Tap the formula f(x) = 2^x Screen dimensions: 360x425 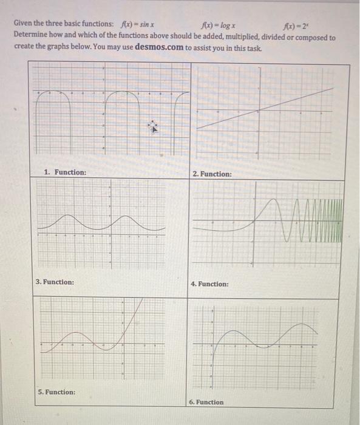(x=294, y=25)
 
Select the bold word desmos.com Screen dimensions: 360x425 (x=160, y=46)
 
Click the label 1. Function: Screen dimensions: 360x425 (x=65, y=172)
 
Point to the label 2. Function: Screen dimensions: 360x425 (x=212, y=174)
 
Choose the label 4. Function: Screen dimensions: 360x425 (x=209, y=284)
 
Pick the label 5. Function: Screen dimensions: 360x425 (x=56, y=392)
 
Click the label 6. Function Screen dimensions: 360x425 (x=206, y=402)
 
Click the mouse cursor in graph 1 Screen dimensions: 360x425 (x=154, y=127)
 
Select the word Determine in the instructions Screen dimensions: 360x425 (x=32, y=37)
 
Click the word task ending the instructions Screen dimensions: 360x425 (x=255, y=47)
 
